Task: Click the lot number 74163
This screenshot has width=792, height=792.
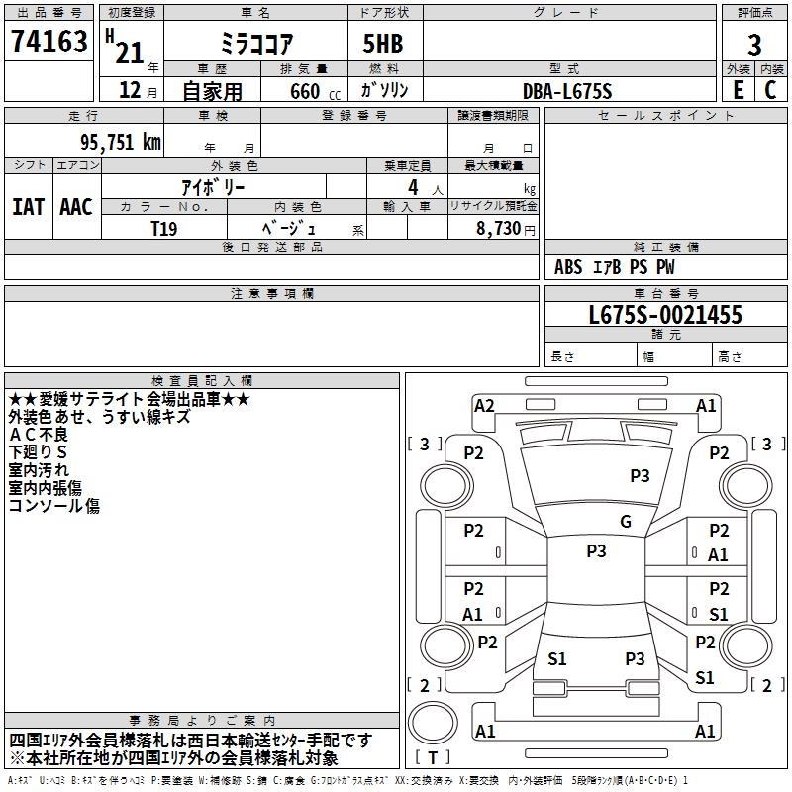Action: pyautogui.click(x=49, y=41)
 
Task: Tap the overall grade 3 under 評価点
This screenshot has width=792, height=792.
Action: pyautogui.click(x=754, y=46)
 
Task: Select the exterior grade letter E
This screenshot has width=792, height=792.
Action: pyautogui.click(x=738, y=90)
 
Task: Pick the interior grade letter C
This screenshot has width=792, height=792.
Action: pyautogui.click(x=770, y=90)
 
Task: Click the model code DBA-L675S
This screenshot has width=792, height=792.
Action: pyautogui.click(x=567, y=91)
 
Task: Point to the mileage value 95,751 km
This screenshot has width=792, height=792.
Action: pyautogui.click(x=121, y=142)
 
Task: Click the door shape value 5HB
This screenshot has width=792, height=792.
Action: pyautogui.click(x=383, y=44)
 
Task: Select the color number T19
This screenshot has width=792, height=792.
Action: pyautogui.click(x=164, y=229)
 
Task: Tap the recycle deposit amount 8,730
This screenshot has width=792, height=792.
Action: pyautogui.click(x=499, y=229)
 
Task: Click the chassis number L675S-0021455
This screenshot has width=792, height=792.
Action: pyautogui.click(x=665, y=315)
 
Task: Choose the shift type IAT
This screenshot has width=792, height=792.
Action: pyautogui.click(x=28, y=207)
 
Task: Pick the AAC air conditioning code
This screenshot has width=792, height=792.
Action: pyautogui.click(x=76, y=207)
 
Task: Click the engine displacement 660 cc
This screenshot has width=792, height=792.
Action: pyautogui.click(x=315, y=91)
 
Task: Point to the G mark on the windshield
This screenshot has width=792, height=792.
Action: pyautogui.click(x=626, y=521)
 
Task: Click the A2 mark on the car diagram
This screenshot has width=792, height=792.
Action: pyautogui.click(x=484, y=406)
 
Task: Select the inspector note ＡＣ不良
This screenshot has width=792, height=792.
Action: pyautogui.click(x=38, y=435)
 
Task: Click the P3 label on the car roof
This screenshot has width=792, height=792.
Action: pyautogui.click(x=596, y=550)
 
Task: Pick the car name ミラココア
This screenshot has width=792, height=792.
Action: pyautogui.click(x=256, y=44)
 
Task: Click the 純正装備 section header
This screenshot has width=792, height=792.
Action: pyautogui.click(x=665, y=247)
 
